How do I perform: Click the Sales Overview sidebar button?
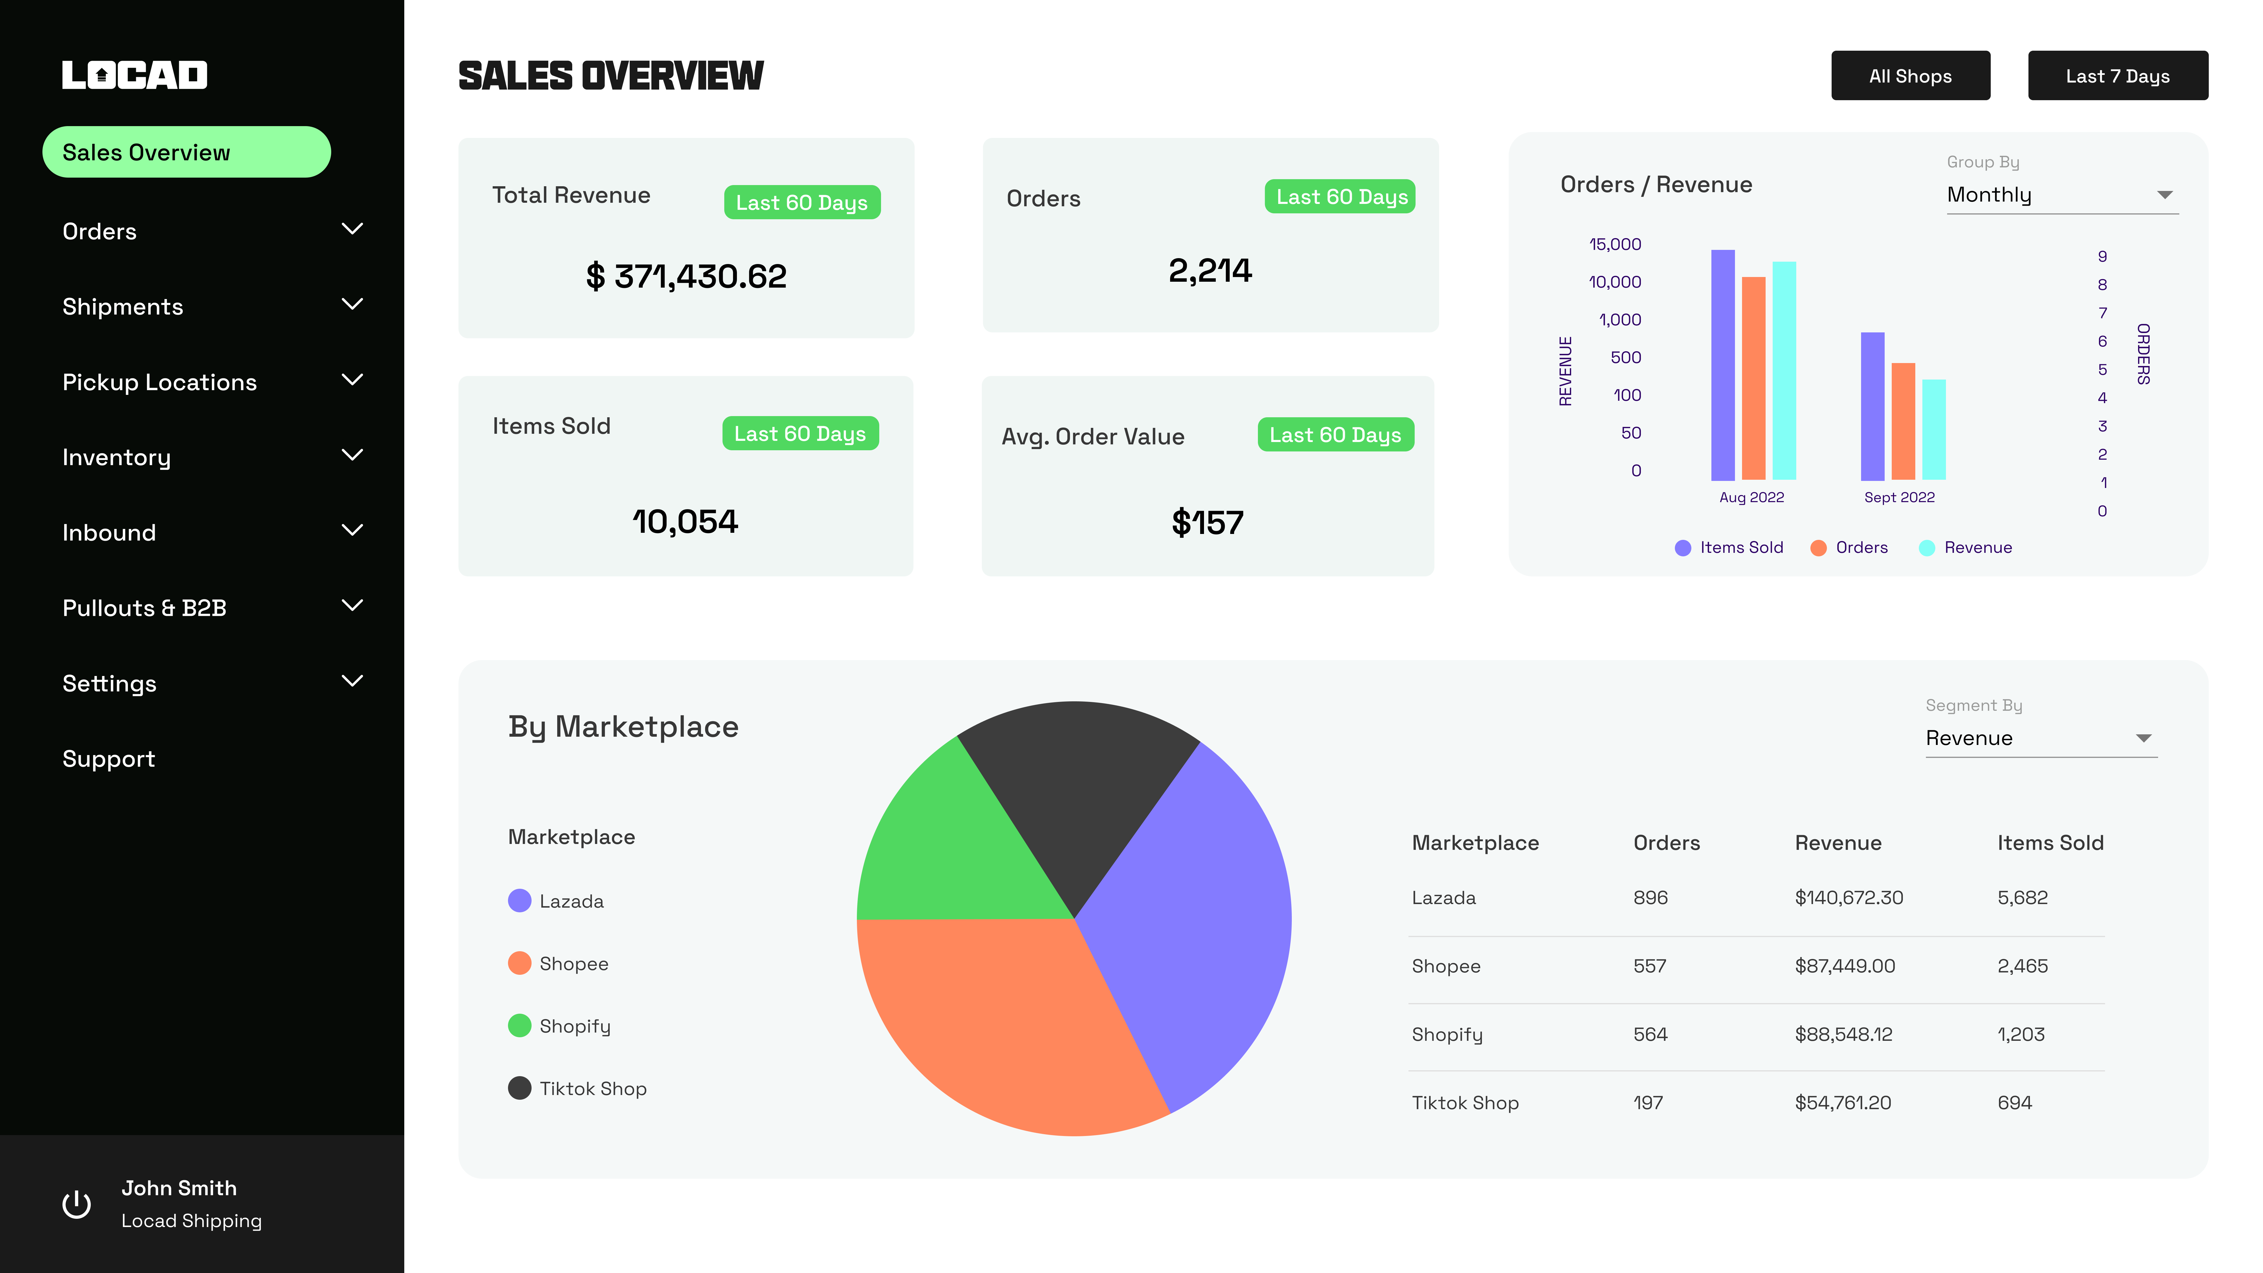186,152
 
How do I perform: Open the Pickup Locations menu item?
160,382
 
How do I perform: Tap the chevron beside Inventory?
352,455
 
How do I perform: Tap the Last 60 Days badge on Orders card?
1341,197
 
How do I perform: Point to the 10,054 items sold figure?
685,522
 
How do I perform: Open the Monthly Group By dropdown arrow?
2165,195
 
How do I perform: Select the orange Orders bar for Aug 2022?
1754,378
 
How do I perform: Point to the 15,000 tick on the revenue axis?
1615,244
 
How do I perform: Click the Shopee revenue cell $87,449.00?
1845,967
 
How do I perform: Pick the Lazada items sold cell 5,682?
2022,898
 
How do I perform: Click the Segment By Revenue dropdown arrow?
2144,738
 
